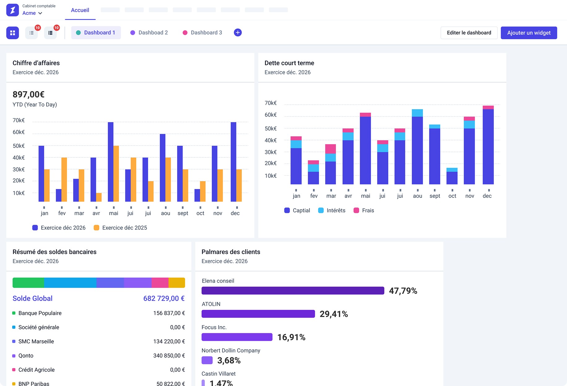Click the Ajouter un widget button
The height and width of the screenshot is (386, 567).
(529, 33)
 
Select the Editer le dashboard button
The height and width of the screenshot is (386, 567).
(469, 33)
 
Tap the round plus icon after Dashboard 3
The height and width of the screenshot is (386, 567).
(238, 32)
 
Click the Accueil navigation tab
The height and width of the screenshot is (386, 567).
(80, 10)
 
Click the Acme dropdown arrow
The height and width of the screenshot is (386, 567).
(40, 13)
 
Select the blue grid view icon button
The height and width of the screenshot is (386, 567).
(13, 33)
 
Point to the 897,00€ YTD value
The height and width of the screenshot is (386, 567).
(28, 94)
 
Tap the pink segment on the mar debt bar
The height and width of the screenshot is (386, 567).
(331, 149)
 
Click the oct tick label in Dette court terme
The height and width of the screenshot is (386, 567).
(452, 196)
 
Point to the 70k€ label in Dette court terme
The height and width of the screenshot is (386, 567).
(271, 103)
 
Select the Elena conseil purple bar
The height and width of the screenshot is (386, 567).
(292, 290)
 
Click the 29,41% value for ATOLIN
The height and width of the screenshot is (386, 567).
(334, 314)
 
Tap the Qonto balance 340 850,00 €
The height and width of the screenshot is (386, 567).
(169, 356)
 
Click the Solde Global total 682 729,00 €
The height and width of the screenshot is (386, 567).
(164, 298)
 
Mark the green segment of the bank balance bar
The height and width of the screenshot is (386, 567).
(28, 283)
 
